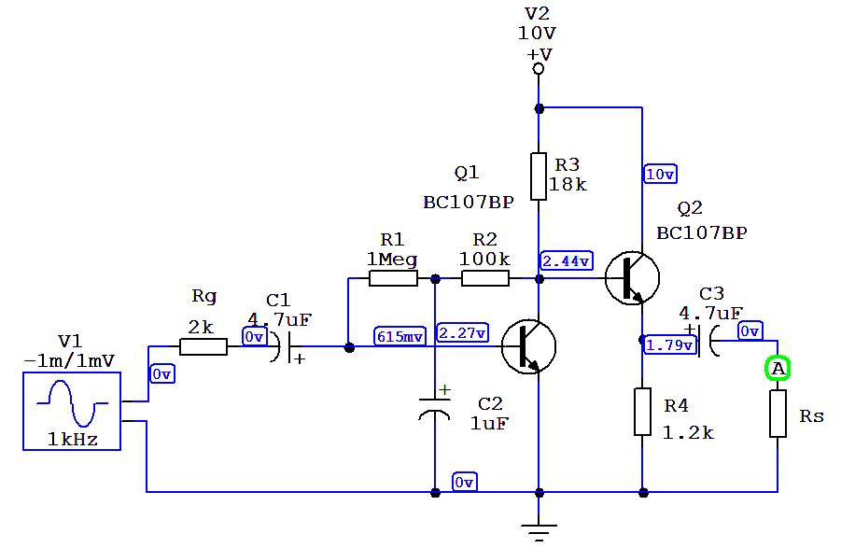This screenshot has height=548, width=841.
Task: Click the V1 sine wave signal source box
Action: point(72,411)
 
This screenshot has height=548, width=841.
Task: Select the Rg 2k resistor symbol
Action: point(203,347)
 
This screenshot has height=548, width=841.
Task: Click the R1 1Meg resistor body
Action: point(393,278)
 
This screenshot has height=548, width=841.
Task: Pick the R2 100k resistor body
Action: point(485,278)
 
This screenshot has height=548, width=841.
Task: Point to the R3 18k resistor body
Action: point(539,176)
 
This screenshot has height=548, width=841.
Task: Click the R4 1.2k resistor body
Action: point(642,412)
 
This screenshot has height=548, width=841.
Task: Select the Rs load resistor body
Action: point(778,414)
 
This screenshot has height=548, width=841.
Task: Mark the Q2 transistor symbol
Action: point(632,277)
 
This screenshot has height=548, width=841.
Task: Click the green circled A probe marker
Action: point(778,370)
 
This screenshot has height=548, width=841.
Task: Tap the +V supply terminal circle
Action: point(539,69)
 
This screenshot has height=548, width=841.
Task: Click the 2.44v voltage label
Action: point(566,260)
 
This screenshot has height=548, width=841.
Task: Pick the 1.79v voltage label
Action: point(670,345)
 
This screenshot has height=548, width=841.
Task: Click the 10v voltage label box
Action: point(660,174)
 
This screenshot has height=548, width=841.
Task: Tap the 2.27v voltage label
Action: point(462,333)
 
